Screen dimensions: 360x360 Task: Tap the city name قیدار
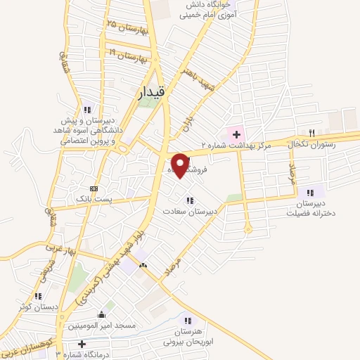pos(148,91)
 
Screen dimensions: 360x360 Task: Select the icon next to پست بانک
pos(95,188)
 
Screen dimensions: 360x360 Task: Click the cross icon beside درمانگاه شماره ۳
pos(82,345)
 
